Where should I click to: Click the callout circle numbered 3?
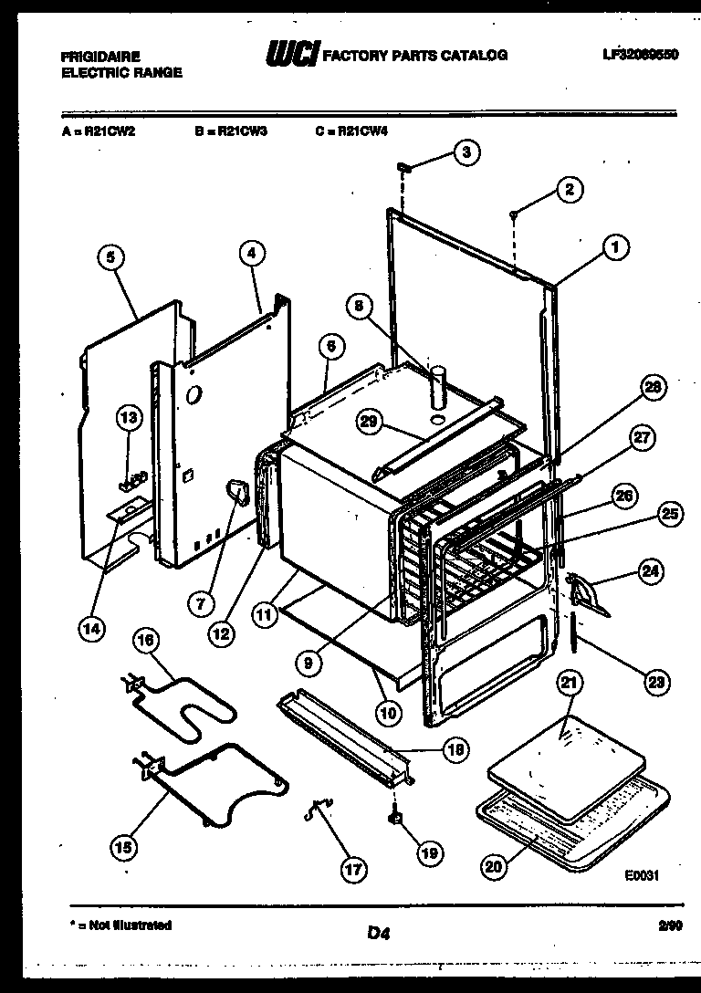[466, 152]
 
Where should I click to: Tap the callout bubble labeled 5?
[110, 258]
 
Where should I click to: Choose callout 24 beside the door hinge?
[649, 573]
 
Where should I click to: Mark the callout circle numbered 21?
[569, 682]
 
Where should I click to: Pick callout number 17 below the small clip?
[351, 870]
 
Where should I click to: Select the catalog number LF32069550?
[640, 55]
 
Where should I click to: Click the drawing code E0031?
[642, 873]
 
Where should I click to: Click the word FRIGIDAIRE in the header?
[100, 57]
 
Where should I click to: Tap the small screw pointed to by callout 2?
[515, 214]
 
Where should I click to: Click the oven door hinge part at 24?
[586, 594]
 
